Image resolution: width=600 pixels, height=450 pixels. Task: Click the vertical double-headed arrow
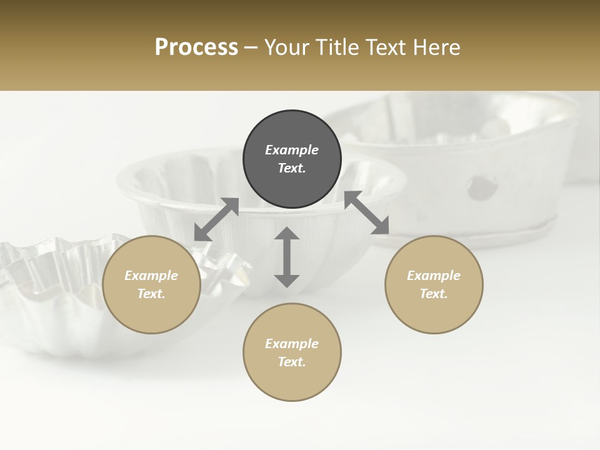point(287,257)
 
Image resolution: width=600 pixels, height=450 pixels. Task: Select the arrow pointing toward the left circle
point(216,219)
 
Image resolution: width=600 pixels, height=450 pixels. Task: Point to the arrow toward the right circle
point(367,213)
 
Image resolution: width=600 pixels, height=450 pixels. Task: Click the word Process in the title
point(196,47)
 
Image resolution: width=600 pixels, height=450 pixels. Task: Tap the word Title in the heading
point(337,47)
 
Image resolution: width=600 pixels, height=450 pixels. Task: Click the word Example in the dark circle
point(292,150)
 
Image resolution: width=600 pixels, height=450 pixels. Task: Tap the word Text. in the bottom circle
point(292,362)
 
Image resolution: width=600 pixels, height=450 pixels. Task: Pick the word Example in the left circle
point(151,276)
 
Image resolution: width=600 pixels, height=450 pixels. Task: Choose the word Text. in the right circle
point(434,294)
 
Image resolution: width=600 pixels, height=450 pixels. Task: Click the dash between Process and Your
point(251,48)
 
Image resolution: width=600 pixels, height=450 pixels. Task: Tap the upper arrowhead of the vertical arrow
point(287,234)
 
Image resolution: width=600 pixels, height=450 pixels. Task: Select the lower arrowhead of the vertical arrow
point(287,280)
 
